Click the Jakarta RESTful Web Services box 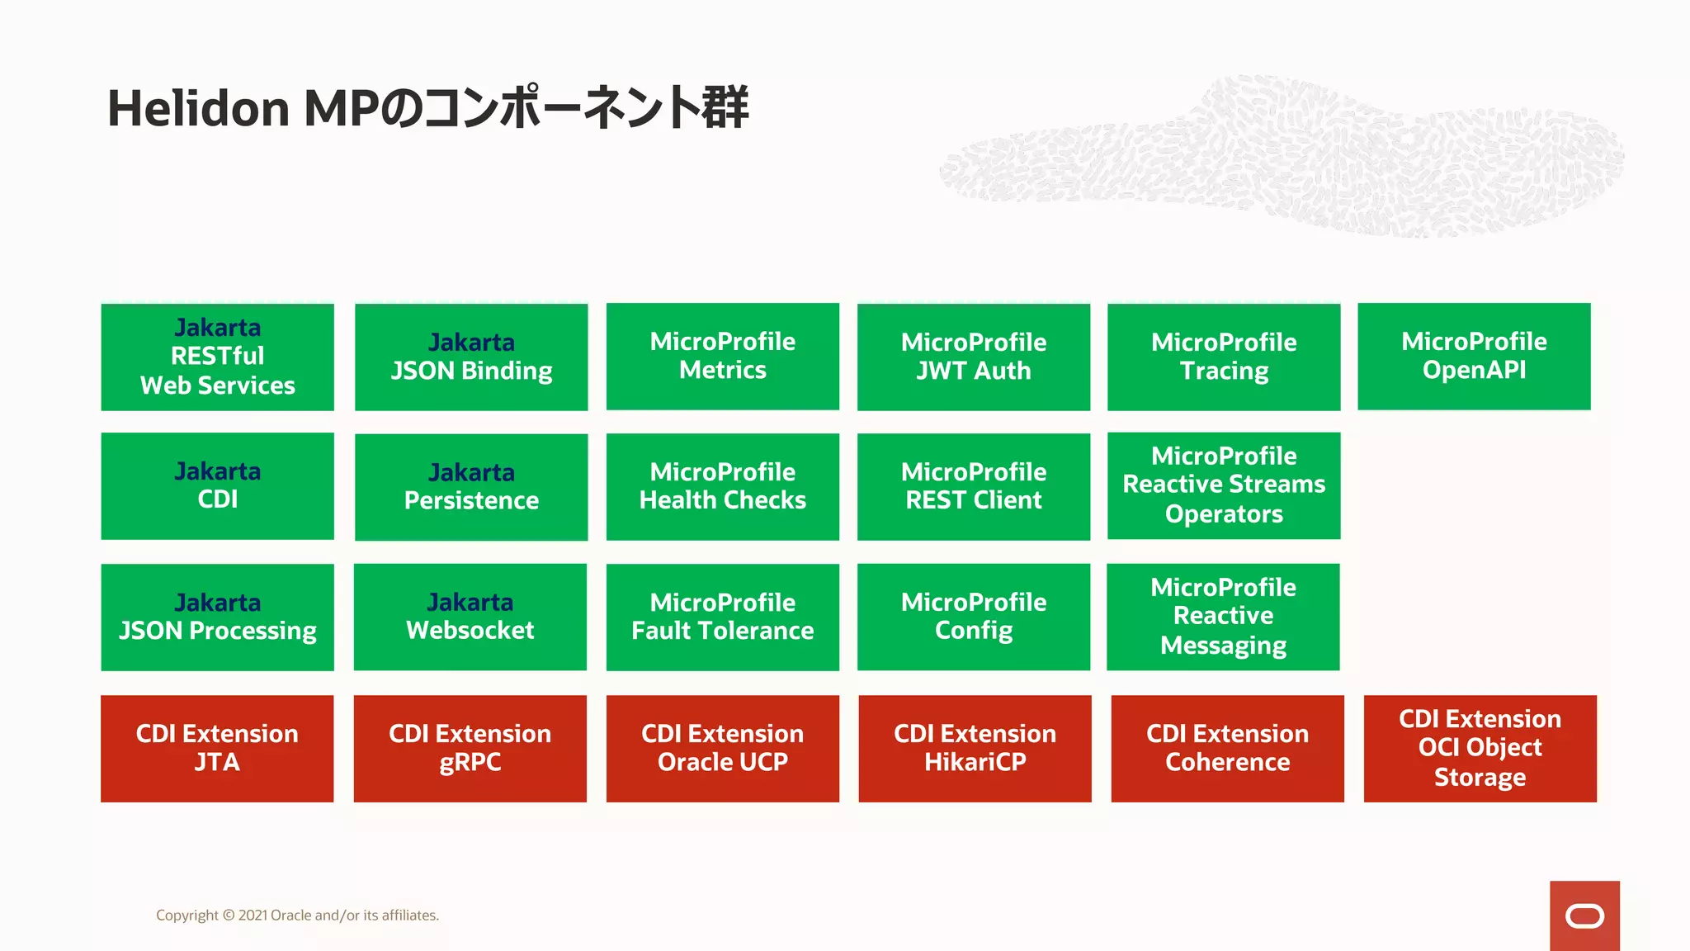(217, 357)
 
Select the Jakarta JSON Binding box (471, 357)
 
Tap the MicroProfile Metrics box (722, 356)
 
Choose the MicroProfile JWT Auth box (973, 357)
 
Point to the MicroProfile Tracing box (1223, 357)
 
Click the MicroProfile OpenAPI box (1474, 356)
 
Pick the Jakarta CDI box (217, 485)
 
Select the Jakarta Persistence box (471, 486)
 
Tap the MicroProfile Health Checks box (722, 486)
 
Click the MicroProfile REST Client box (973, 486)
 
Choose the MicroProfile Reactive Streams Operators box (1223, 485)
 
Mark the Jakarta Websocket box (470, 617)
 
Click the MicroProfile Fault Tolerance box (722, 617)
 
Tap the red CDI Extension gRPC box (470, 748)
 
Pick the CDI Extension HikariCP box (975, 748)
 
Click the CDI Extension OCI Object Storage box (1480, 748)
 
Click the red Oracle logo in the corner (1584, 916)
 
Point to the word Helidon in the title (198, 108)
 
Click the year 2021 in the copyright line (253, 916)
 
